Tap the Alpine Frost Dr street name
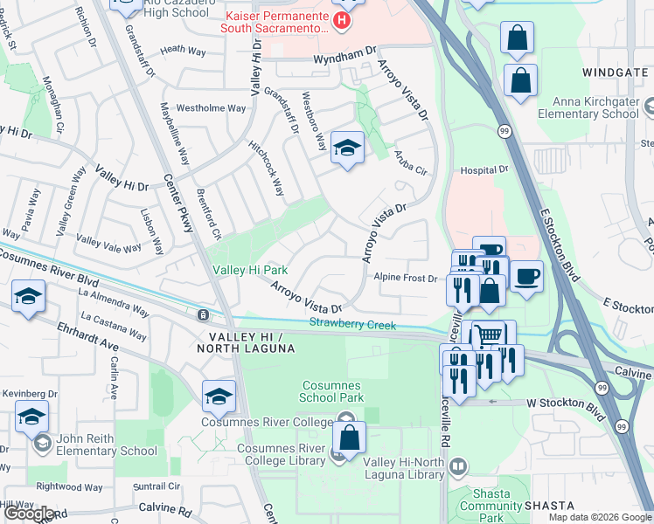click(406, 279)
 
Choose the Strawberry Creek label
click(352, 325)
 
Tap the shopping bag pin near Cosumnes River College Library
click(349, 438)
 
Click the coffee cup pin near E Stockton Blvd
click(526, 277)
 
